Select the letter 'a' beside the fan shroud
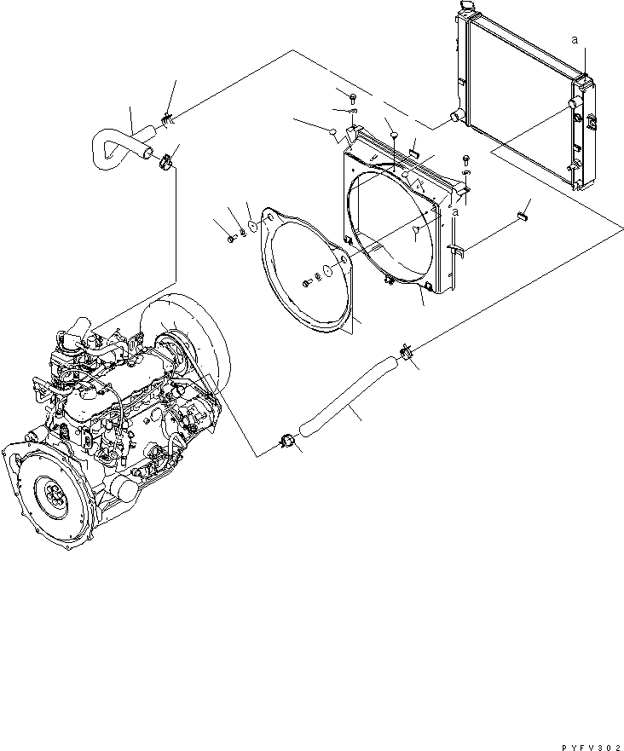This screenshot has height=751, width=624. [x=456, y=211]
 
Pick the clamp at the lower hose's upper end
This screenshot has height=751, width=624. [x=405, y=350]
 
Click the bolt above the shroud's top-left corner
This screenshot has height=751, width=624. [x=353, y=95]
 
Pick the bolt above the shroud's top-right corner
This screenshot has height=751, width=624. [x=465, y=159]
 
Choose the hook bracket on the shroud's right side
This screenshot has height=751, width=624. [x=454, y=249]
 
